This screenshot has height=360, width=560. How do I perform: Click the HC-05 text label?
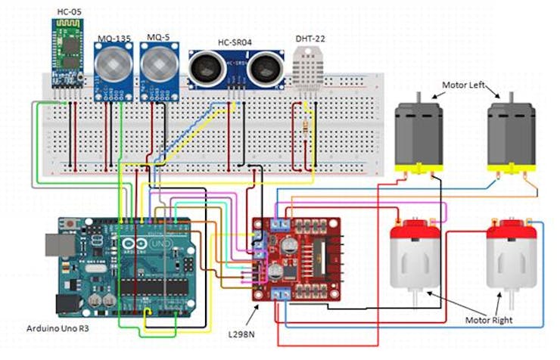pos(69,12)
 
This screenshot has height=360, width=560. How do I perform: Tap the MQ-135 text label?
pos(114,37)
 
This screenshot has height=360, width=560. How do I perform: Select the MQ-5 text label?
pos(158,37)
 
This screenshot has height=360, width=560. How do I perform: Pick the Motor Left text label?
pos(465,84)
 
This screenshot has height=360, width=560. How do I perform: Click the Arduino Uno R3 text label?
pos(58,330)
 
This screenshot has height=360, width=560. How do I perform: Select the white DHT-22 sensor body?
pos(307,73)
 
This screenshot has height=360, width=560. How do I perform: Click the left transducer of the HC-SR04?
pos(205,70)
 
